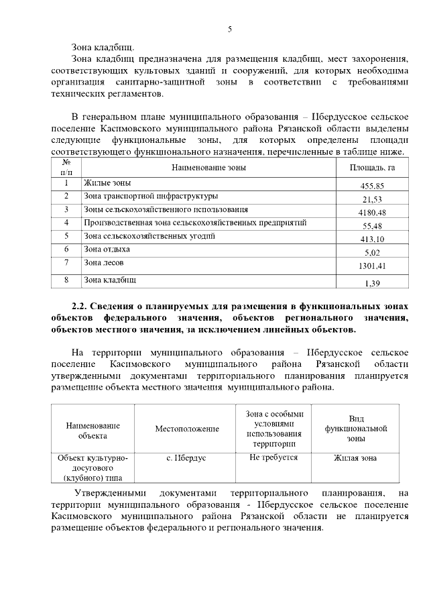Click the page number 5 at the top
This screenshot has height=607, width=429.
pyautogui.click(x=229, y=29)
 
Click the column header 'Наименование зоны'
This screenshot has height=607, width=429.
pyautogui.click(x=208, y=167)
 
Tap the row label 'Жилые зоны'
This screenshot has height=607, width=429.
pyautogui.click(x=107, y=182)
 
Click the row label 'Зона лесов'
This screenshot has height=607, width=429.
pyautogui.click(x=103, y=262)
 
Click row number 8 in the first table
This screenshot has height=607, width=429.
pyautogui.click(x=66, y=279)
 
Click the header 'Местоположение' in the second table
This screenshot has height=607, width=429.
pyautogui.click(x=187, y=428)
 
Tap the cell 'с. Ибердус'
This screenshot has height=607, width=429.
pyautogui.click(x=186, y=457)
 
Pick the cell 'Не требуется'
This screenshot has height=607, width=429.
pyautogui.click(x=273, y=457)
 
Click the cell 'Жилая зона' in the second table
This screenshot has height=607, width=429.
pyautogui.click(x=355, y=457)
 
